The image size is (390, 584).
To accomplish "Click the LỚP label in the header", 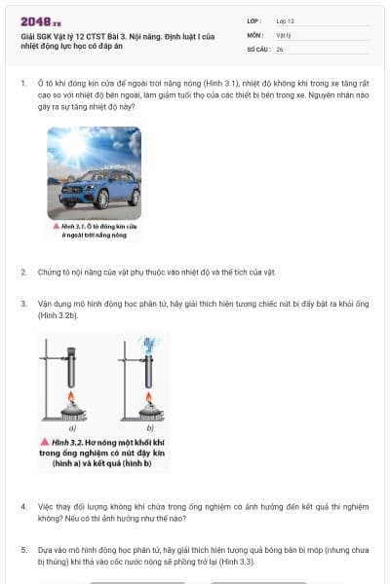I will [x=255, y=20].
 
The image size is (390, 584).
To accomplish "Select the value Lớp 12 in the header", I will [x=286, y=20].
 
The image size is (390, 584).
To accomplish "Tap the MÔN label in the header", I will [x=256, y=34].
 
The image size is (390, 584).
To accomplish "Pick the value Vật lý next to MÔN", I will [x=284, y=34].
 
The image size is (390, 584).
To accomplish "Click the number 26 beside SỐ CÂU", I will [x=280, y=48].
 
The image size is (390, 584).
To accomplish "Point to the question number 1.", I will [x=23, y=84].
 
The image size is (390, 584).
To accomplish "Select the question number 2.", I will [x=23, y=272].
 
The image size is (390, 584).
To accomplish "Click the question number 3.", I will [x=23, y=304].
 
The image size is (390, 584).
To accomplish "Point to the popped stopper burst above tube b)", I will [x=151, y=343].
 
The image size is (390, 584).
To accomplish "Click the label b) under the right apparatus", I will [x=149, y=426].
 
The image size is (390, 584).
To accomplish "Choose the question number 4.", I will [x=23, y=507].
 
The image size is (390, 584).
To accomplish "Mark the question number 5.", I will [x=23, y=550].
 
